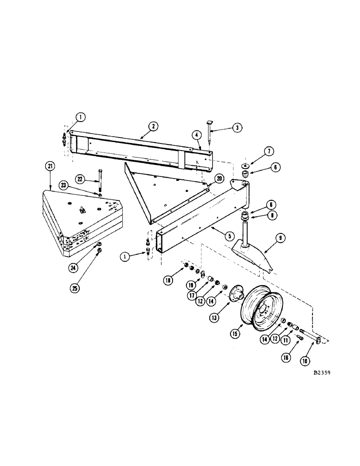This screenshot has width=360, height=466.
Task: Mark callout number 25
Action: click(x=76, y=288)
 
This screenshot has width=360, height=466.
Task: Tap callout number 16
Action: click(x=286, y=357)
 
